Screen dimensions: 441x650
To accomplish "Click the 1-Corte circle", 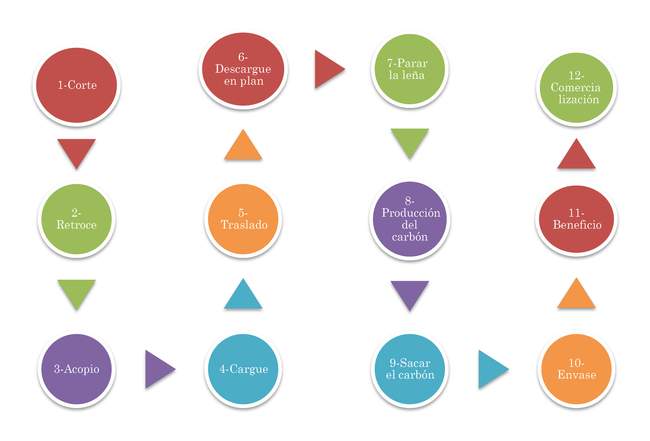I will tap(76, 85).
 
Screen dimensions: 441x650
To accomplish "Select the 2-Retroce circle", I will tap(76, 219).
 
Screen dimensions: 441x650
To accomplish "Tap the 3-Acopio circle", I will tap(76, 369).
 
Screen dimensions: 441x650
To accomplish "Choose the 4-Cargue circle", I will tap(243, 369).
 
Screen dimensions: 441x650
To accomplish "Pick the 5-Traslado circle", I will tap(243, 219).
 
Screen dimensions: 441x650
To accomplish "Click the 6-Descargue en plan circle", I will tap(243, 69).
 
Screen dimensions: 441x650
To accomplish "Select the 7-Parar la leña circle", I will tap(410, 69).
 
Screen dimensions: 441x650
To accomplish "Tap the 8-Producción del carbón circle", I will tap(410, 219).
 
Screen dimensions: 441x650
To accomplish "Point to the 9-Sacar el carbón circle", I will tap(410, 369).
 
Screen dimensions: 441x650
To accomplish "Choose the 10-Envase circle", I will tap(576, 369).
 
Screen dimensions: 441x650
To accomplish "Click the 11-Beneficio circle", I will tap(576, 219).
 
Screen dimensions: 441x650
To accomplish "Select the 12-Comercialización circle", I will tap(576, 88).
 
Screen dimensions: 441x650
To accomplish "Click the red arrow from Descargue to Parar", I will tap(327, 69).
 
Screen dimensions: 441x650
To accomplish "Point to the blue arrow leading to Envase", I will tap(491, 369).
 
